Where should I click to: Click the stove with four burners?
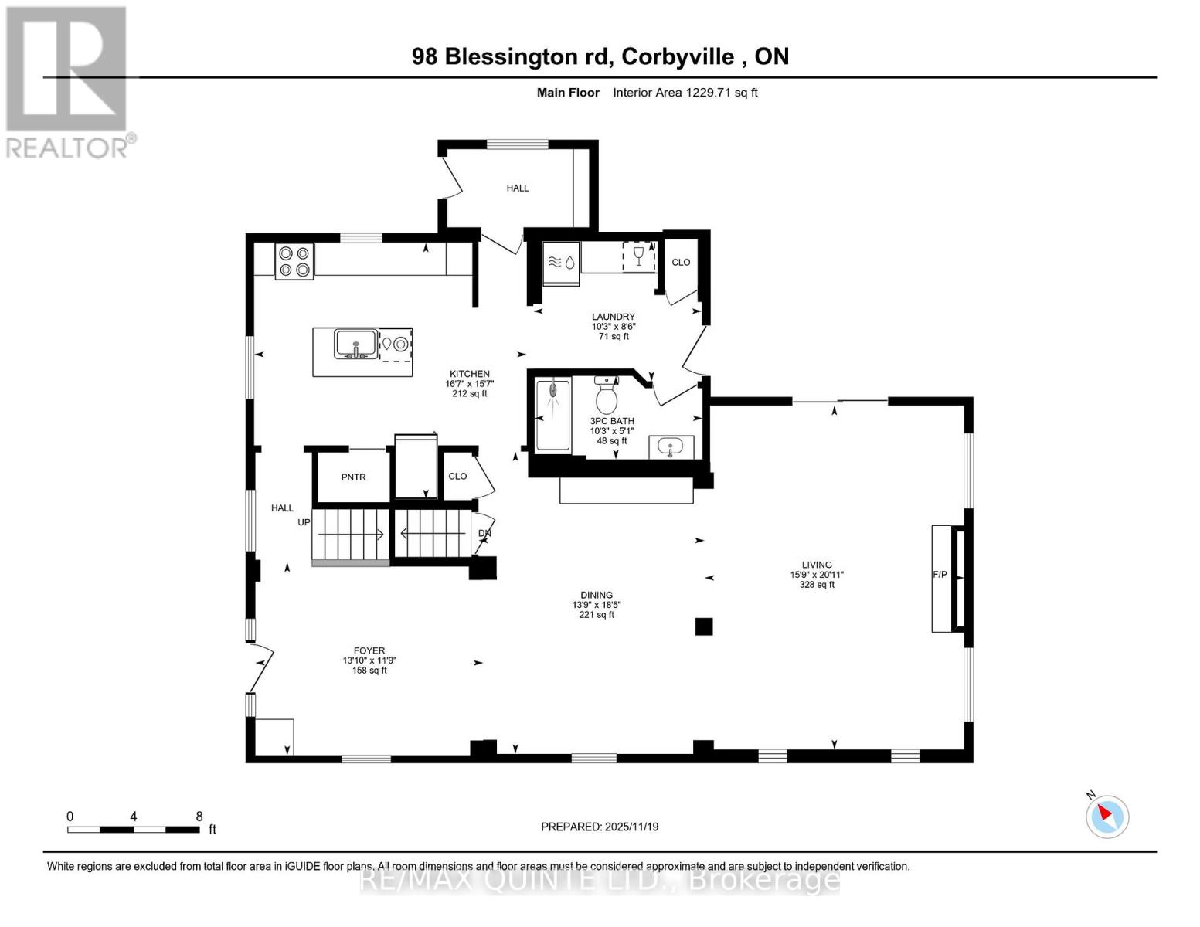point(294,261)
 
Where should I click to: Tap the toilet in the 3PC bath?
point(606,397)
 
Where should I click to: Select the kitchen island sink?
point(355,343)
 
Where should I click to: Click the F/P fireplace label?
point(940,575)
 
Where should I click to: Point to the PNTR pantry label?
point(353,477)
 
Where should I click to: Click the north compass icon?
point(1107,816)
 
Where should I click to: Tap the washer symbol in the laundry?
point(562,262)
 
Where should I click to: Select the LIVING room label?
point(816,565)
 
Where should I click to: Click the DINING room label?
point(597,595)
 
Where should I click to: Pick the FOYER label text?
point(369,650)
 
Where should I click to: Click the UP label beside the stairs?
point(304,522)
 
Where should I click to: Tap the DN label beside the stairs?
point(484,533)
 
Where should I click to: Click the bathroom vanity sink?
point(670,447)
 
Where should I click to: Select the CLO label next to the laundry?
point(681,262)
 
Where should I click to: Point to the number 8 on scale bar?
point(199,817)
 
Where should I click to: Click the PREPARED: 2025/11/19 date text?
point(600,827)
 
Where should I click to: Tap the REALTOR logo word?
point(68,147)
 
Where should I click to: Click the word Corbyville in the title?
point(678,56)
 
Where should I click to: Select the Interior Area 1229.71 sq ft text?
point(685,93)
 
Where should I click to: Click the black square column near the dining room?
point(703,626)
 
